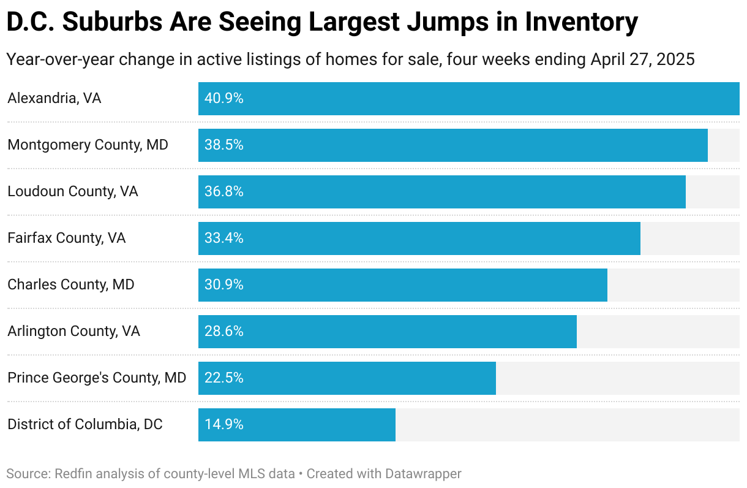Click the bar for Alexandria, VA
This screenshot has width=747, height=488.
click(x=468, y=99)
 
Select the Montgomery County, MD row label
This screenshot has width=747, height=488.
click(x=88, y=145)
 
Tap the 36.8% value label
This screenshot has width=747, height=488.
click(x=224, y=192)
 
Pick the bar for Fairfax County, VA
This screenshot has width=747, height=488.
click(x=419, y=238)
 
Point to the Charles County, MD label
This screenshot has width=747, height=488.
click(x=70, y=285)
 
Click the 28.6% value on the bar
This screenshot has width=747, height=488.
click(x=224, y=332)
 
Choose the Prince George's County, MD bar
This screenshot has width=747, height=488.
click(x=347, y=378)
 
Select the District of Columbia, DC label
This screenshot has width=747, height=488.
click(x=85, y=424)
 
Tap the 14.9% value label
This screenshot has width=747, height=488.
click(x=224, y=424)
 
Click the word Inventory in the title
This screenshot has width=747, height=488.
click(x=581, y=23)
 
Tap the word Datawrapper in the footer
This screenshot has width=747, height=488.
click(x=423, y=474)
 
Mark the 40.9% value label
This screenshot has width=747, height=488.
click(x=224, y=99)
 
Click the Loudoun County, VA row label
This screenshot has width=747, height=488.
click(x=73, y=192)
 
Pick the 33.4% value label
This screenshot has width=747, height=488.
click(x=224, y=238)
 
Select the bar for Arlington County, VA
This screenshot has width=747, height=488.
click(x=387, y=332)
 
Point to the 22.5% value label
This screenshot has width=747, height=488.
click(x=224, y=378)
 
